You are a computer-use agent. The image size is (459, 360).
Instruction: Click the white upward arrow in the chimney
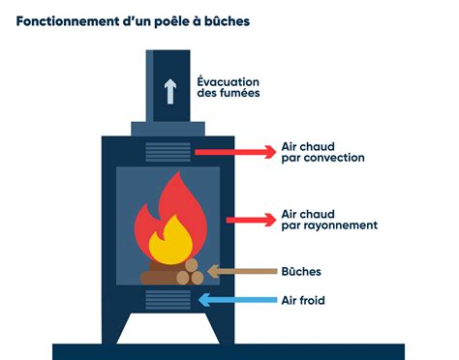[169, 91]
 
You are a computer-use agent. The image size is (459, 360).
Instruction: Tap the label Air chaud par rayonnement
[328, 219]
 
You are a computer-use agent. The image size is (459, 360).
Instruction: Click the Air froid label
[302, 301]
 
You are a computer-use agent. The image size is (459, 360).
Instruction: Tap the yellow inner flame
[170, 239]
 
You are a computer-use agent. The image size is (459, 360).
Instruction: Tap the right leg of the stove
[219, 331]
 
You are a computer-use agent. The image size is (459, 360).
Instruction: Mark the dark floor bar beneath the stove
[229, 351]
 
